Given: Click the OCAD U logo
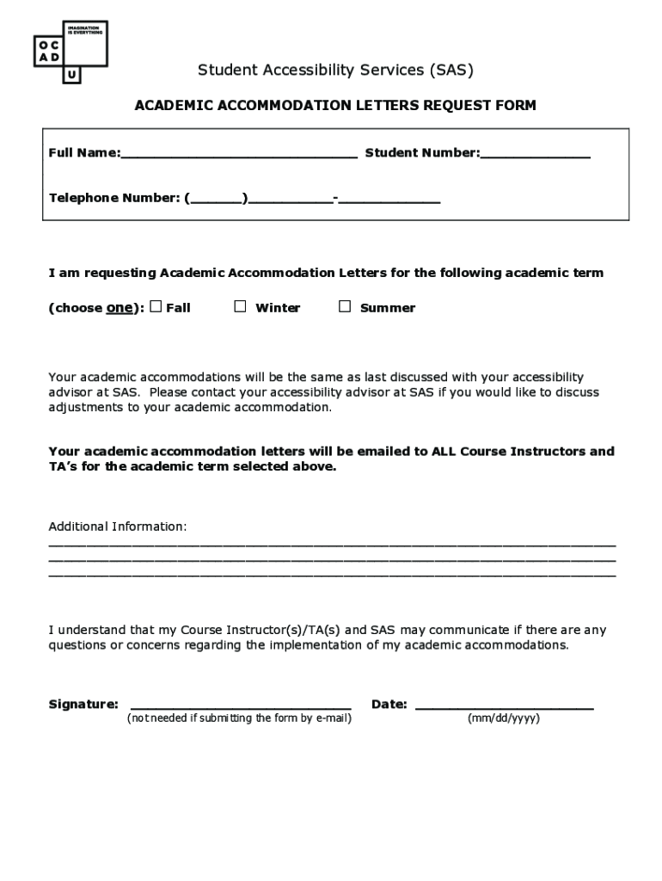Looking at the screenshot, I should click(x=70, y=52).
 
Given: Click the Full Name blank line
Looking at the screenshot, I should click(x=238, y=155).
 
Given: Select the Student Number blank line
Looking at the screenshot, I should click(x=535, y=155).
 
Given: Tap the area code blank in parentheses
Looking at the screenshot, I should click(x=216, y=199).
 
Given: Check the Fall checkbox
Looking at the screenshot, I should click(x=156, y=306).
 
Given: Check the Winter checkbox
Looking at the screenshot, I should click(x=241, y=306).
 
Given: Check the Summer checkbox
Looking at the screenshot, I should click(x=345, y=306).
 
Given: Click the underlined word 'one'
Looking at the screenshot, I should click(x=118, y=308).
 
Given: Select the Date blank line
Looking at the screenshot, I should click(x=504, y=705).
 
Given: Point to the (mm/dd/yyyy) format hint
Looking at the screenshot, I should click(x=504, y=718).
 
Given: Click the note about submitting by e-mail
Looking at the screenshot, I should click(x=239, y=718).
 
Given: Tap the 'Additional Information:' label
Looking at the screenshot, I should click(x=117, y=527).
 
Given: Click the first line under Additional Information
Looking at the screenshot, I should click(x=332, y=544).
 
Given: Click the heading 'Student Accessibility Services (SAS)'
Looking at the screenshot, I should click(x=335, y=70).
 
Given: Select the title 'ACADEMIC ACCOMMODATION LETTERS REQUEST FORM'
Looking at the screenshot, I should click(x=335, y=106).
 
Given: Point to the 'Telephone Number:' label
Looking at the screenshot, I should click(x=113, y=198).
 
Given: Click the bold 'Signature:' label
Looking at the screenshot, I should click(x=83, y=705).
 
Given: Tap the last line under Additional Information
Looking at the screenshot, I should click(x=332, y=574).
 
